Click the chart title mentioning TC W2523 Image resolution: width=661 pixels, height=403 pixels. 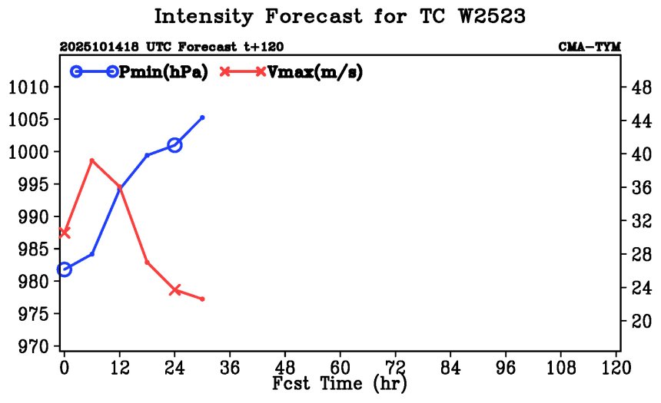[340, 16]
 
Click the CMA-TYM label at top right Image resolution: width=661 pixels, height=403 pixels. [589, 48]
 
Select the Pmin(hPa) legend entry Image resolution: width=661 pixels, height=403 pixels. [162, 71]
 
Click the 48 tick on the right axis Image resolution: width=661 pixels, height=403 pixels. [640, 88]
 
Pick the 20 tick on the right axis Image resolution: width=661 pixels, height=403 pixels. [640, 322]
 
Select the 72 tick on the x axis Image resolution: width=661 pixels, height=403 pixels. [396, 367]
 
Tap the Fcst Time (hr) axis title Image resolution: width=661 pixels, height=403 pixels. [340, 382]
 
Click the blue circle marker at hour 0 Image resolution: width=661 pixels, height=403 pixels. [65, 269]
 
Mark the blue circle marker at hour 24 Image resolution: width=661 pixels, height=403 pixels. [174, 145]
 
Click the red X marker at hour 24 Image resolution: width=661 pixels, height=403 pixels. [174, 290]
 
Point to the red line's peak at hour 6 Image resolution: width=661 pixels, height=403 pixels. [92, 160]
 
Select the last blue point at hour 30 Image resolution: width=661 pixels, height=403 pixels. [202, 117]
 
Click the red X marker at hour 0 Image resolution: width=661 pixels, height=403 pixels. [65, 232]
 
